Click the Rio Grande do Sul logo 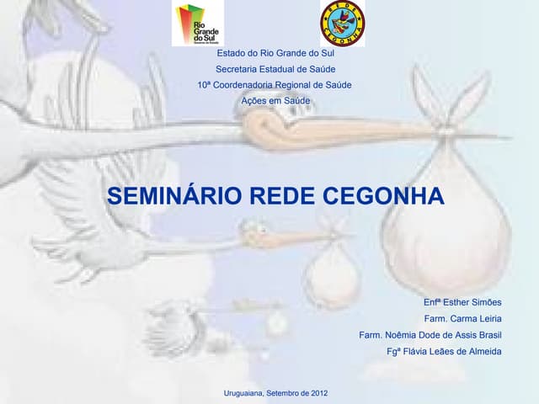[x=198, y=24]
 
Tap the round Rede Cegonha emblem [x=342, y=24]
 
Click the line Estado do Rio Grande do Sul [x=275, y=53]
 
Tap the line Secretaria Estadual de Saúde [x=275, y=69]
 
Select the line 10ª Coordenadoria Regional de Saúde [x=275, y=85]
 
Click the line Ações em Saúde [x=275, y=101]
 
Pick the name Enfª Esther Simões [x=462, y=302]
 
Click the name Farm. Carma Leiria [x=462, y=318]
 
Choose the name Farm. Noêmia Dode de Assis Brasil [x=430, y=335]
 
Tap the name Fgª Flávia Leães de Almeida [x=444, y=351]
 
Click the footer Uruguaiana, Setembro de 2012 [x=275, y=393]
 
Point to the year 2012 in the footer [x=318, y=393]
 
